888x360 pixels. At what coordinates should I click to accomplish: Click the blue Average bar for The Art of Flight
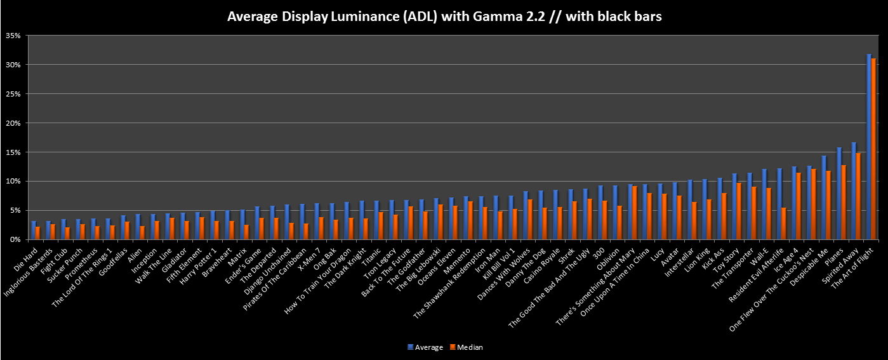click(869, 147)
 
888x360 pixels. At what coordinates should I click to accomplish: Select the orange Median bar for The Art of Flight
click(874, 149)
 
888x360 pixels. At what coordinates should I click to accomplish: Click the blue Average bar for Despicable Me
click(824, 197)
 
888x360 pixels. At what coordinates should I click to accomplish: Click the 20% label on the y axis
click(13, 123)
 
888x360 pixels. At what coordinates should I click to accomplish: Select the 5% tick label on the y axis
click(15, 210)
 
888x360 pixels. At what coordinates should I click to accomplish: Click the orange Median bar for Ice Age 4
click(799, 206)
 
